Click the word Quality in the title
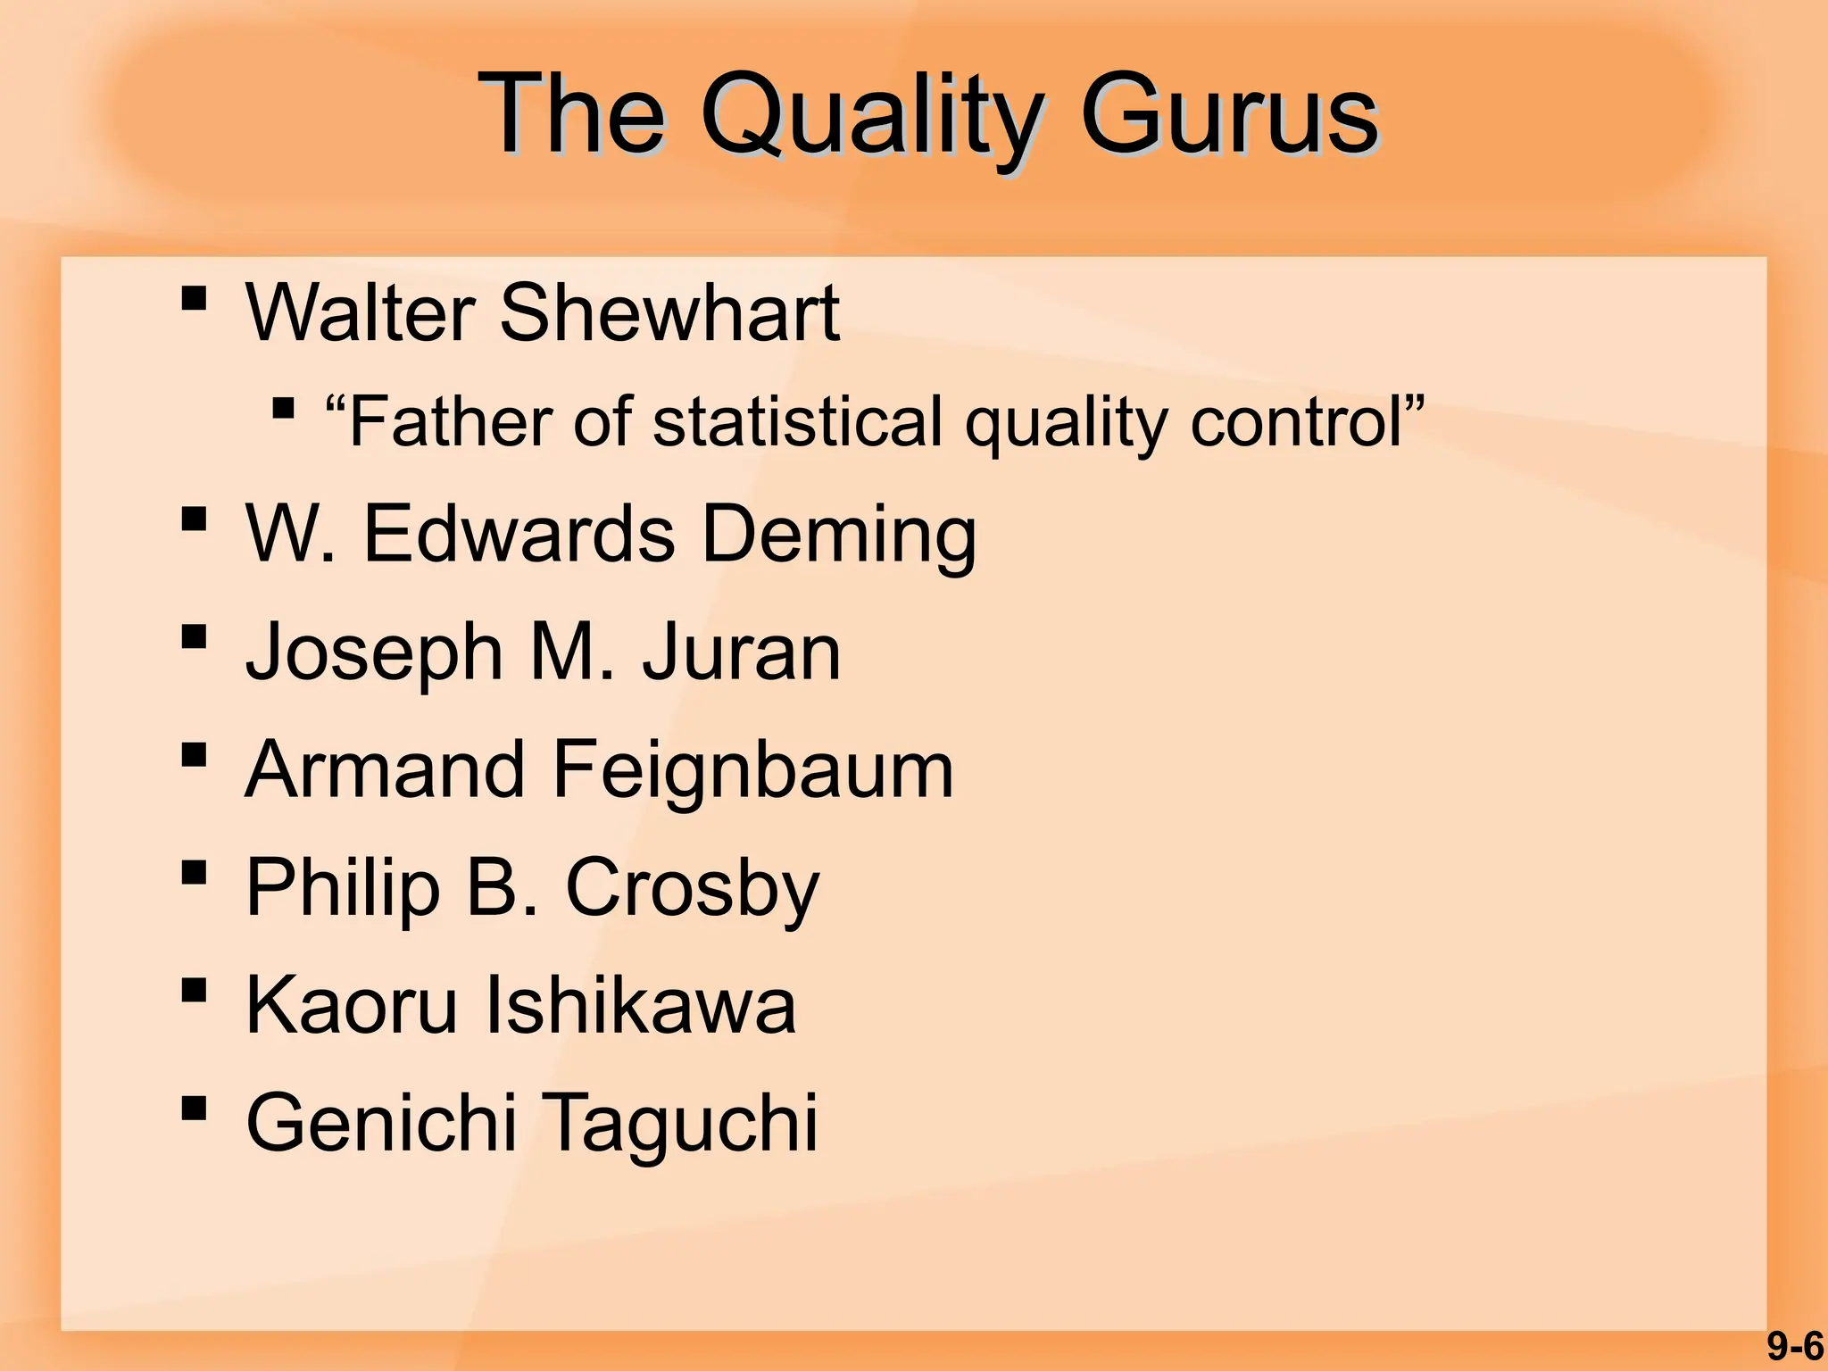pyautogui.click(x=870, y=116)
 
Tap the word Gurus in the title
pyautogui.click(x=1229, y=116)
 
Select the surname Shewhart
pyautogui.click(x=669, y=312)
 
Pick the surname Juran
pyautogui.click(x=741, y=652)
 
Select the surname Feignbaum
pyautogui.click(x=753, y=770)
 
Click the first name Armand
pyautogui.click(x=386, y=769)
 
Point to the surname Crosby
pyautogui.click(x=692, y=889)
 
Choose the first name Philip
pyautogui.click(x=344, y=889)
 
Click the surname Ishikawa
pyautogui.click(x=640, y=1005)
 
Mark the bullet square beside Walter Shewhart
pyautogui.click(x=194, y=297)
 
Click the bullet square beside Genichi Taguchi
pyautogui.click(x=194, y=1108)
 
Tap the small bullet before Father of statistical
pyautogui.click(x=283, y=410)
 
